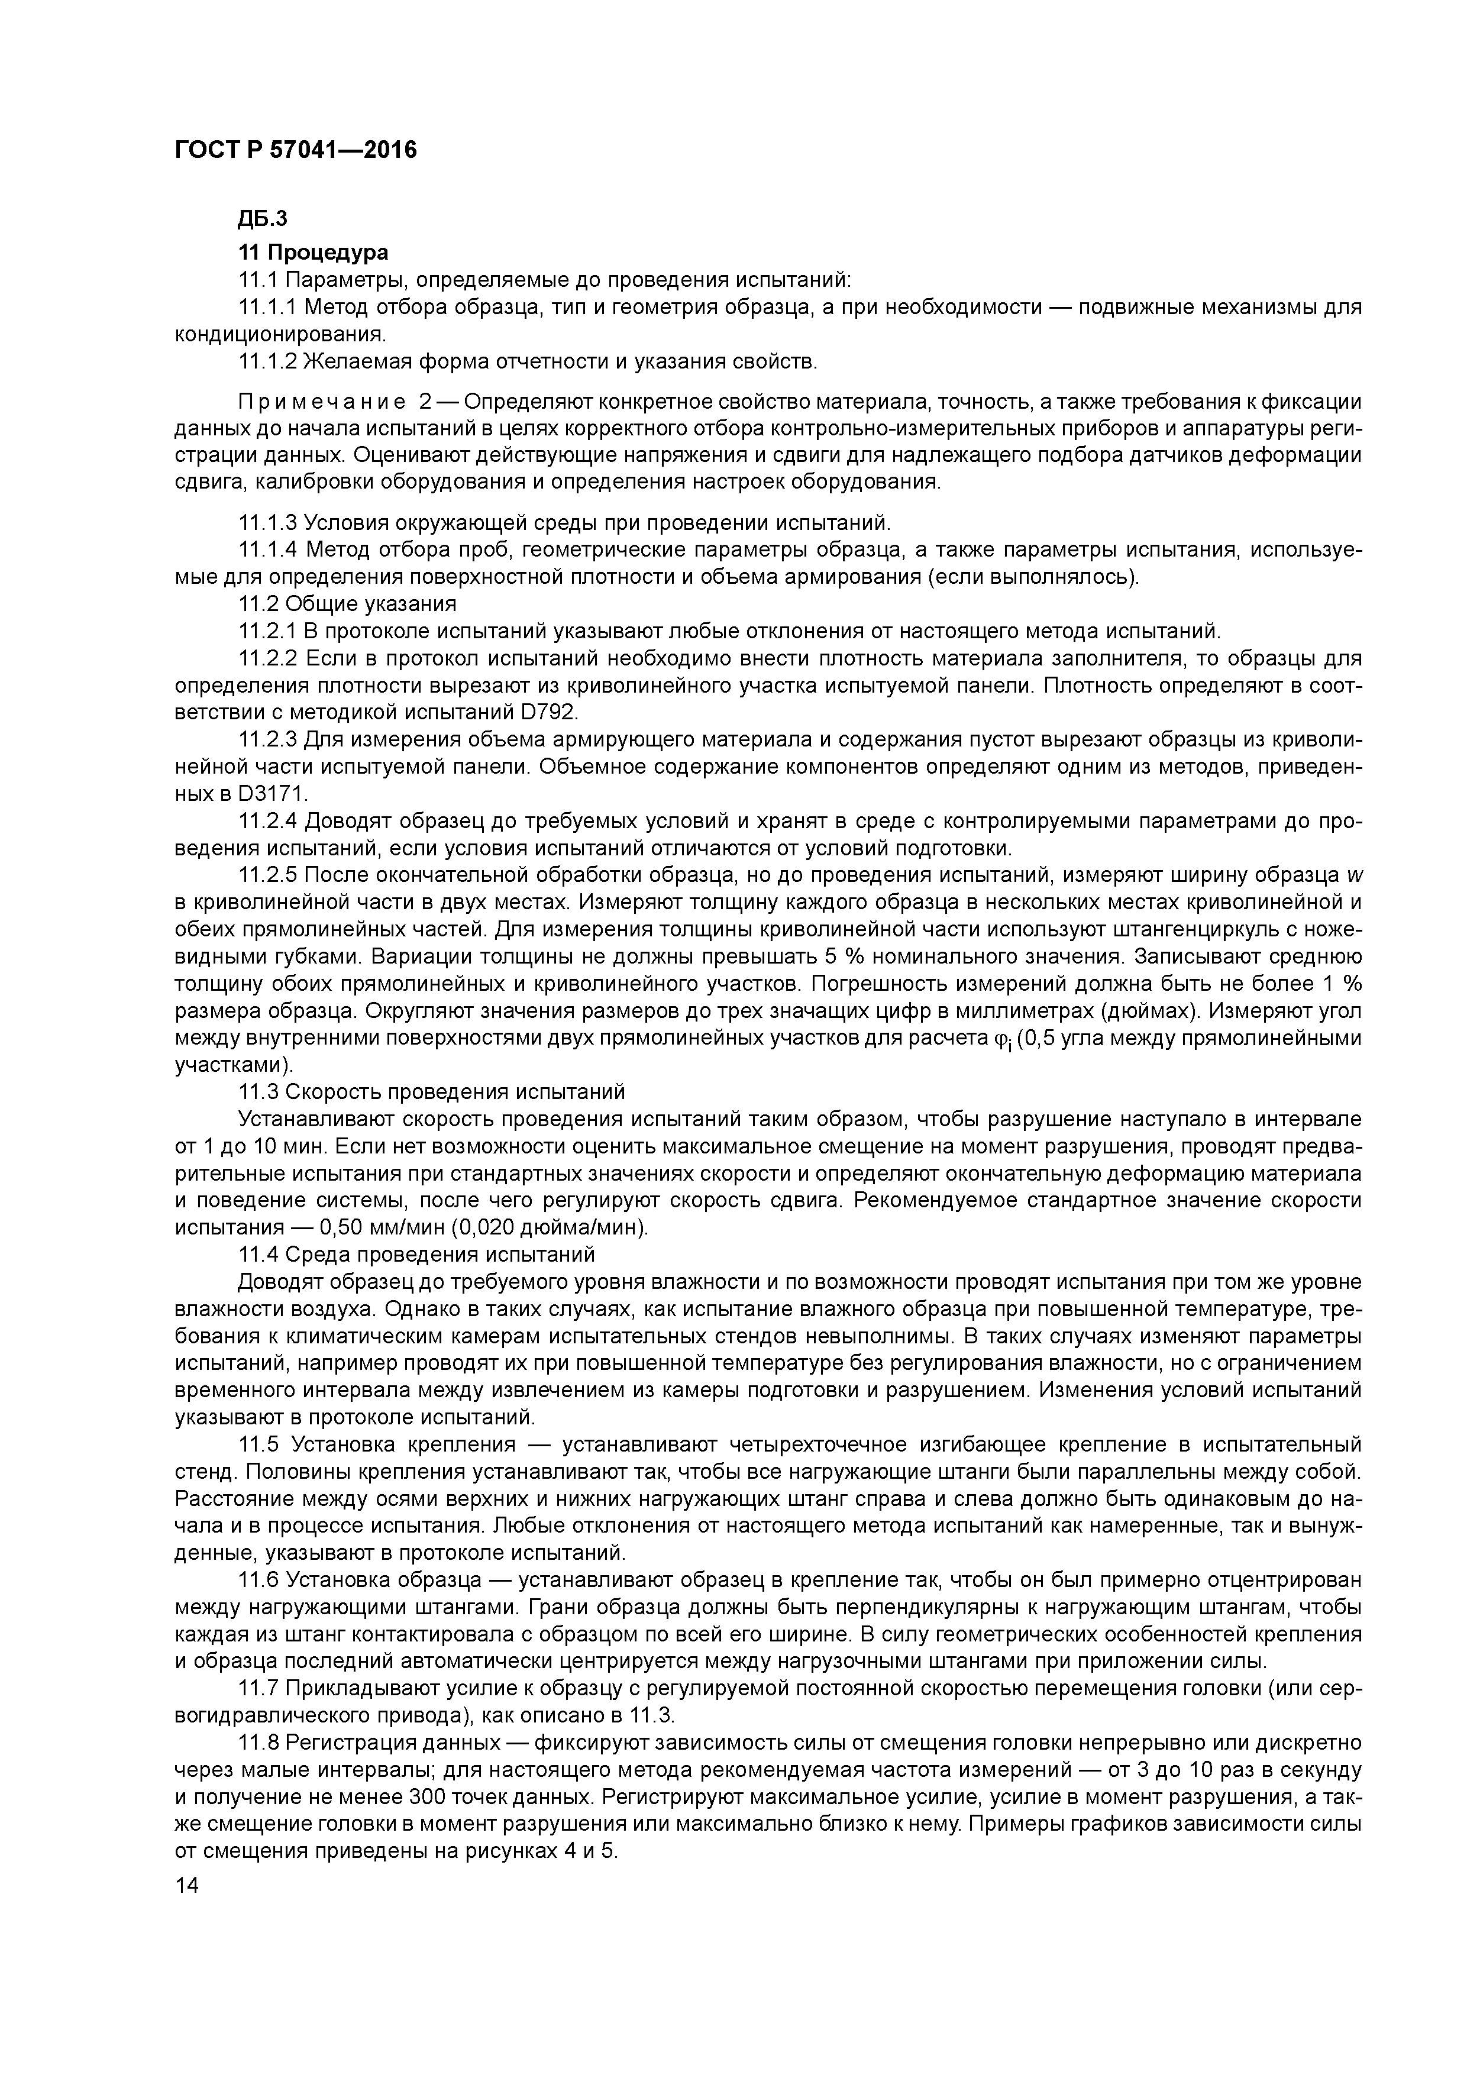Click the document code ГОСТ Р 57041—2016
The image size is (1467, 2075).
[296, 150]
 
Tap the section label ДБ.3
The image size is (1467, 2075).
[262, 219]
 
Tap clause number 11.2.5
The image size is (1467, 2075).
[267, 875]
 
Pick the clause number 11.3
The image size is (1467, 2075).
[257, 1092]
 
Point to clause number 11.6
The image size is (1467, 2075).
[257, 1580]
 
